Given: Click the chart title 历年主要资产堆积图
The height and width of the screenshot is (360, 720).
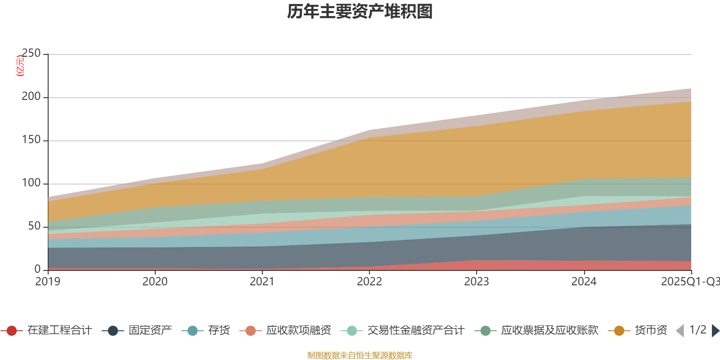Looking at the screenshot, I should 360,12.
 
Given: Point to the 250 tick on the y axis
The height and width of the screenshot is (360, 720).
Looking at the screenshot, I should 31,54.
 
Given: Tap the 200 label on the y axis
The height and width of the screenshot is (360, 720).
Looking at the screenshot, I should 31,97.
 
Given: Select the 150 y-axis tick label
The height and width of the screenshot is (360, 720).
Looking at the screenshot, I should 31,140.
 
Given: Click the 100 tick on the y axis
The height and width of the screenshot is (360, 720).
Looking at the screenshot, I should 31,183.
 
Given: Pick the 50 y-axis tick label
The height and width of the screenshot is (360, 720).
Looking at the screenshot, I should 35,226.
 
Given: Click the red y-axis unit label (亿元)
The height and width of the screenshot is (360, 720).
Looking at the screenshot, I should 20,66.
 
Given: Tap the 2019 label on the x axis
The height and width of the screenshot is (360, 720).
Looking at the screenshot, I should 48,282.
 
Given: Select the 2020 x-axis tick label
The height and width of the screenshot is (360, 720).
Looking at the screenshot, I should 155,282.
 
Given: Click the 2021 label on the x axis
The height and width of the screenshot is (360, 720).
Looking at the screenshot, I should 262,282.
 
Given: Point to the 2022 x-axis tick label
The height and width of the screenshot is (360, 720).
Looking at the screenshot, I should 369,282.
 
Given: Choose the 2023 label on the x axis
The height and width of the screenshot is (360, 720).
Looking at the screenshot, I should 477,282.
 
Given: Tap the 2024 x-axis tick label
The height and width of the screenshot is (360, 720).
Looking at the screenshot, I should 584,282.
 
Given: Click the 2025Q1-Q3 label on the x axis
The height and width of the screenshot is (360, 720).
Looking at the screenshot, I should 690,282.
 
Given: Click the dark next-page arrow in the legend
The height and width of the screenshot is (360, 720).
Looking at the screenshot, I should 715,331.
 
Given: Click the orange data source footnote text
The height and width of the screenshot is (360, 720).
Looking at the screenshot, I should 360,355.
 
